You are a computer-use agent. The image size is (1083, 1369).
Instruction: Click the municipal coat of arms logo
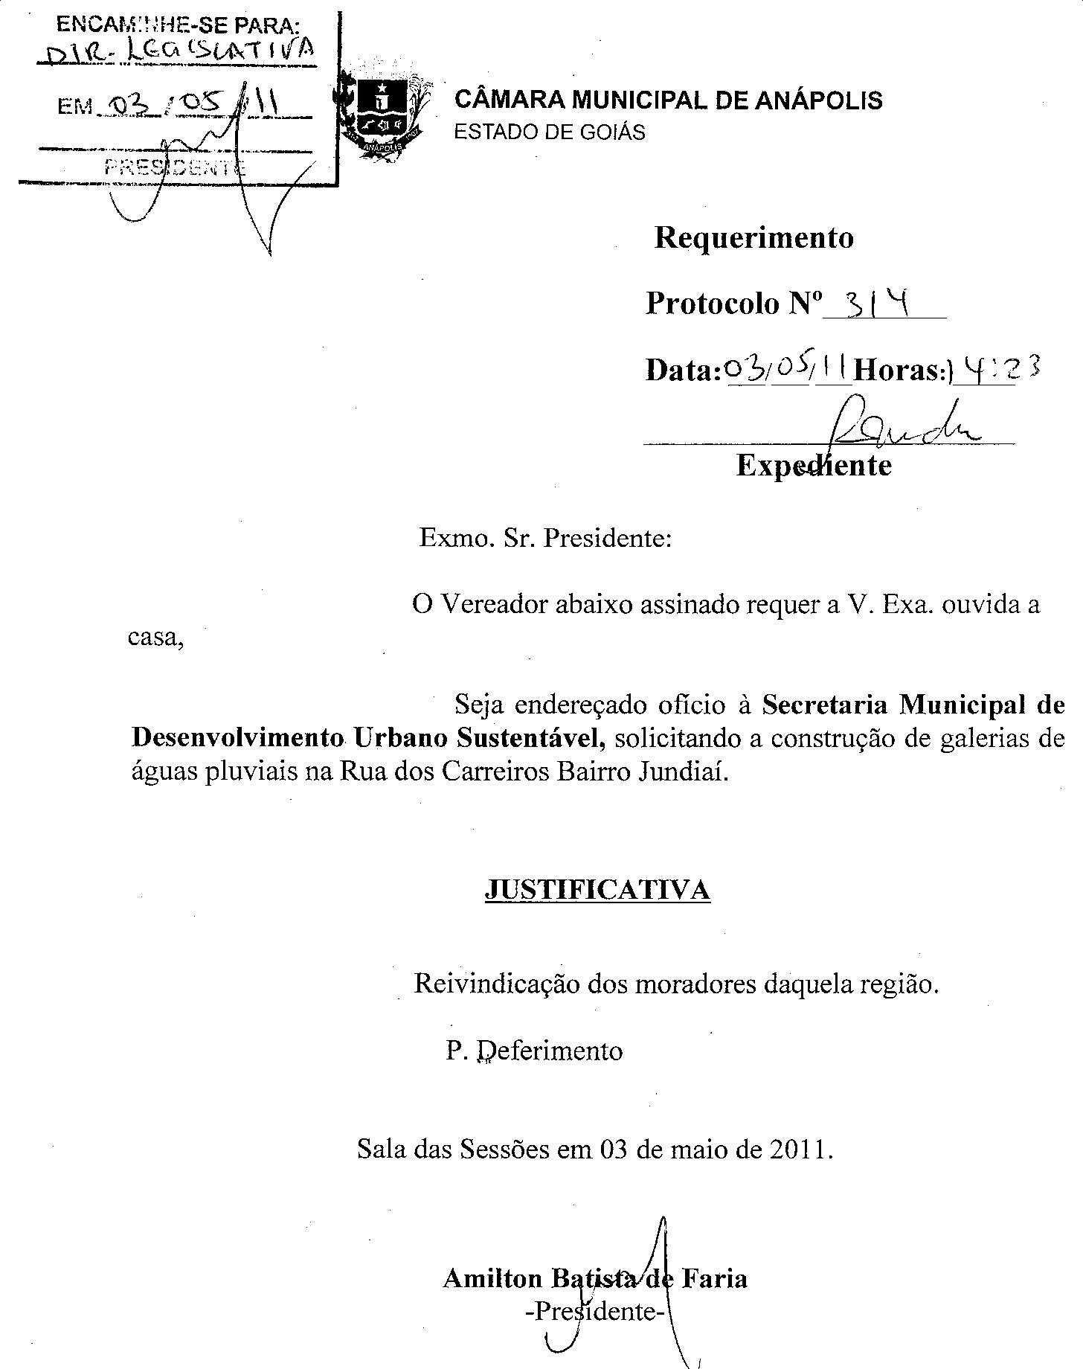click(381, 114)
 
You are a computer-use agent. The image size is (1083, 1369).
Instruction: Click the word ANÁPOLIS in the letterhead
click(818, 100)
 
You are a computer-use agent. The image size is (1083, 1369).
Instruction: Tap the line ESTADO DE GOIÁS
click(550, 132)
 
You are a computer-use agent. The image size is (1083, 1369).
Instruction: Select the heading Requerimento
click(753, 238)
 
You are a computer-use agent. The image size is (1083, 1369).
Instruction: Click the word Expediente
click(814, 466)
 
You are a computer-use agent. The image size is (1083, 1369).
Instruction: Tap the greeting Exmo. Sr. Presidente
click(545, 537)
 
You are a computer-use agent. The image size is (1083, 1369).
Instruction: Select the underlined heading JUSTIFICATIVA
click(597, 890)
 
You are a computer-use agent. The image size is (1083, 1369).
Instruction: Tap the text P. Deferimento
click(534, 1051)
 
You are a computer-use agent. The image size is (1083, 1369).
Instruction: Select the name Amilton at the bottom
click(492, 1278)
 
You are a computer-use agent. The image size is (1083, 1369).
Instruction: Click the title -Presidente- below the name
click(594, 1311)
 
